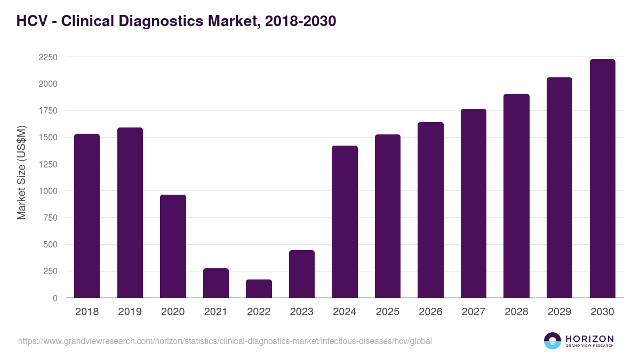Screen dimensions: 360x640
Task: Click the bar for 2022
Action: pyautogui.click(x=259, y=289)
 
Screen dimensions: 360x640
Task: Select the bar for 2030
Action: pyautogui.click(x=602, y=179)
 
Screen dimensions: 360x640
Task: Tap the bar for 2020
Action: pyautogui.click(x=173, y=246)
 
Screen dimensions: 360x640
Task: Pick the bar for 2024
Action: pyautogui.click(x=345, y=222)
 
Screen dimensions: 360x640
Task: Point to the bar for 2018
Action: pyautogui.click(x=87, y=216)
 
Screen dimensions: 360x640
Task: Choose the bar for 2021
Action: pyautogui.click(x=216, y=283)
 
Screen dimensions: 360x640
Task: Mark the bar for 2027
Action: pyautogui.click(x=474, y=203)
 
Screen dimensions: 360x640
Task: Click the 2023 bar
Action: pyautogui.click(x=302, y=274)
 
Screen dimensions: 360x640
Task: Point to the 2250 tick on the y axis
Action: pyautogui.click(x=48, y=57)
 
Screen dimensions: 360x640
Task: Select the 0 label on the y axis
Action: pyautogui.click(x=55, y=298)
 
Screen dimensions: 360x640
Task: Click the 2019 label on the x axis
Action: pyautogui.click(x=130, y=312)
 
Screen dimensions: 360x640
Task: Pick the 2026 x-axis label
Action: pyautogui.click(x=430, y=312)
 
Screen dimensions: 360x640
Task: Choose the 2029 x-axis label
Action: pyautogui.click(x=559, y=312)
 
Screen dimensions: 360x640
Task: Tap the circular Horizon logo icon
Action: pyautogui.click(x=552, y=341)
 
